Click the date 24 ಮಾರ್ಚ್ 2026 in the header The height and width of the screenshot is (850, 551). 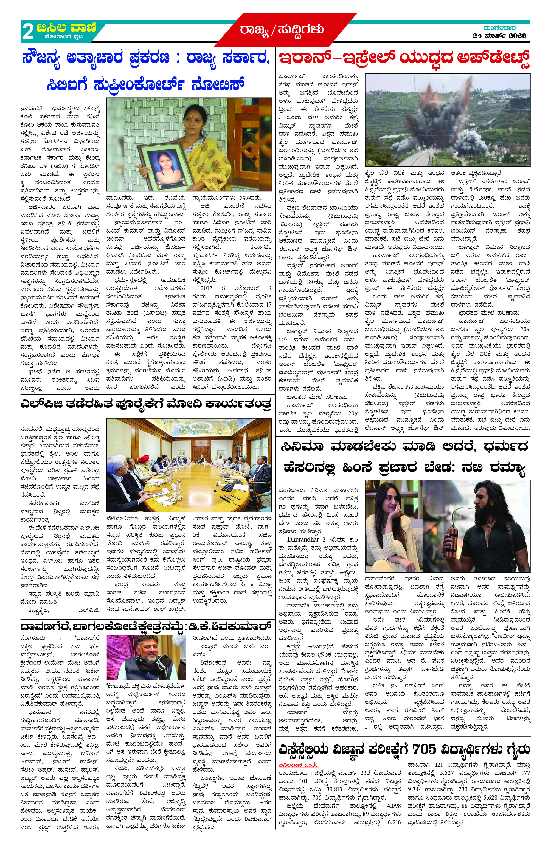tap(499, 35)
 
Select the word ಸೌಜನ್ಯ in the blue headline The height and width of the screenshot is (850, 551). tap(44, 58)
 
